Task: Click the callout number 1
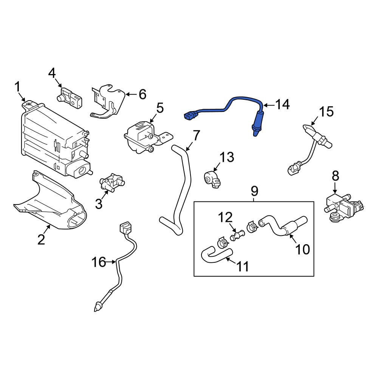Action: (x=17, y=87)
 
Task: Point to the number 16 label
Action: (x=99, y=262)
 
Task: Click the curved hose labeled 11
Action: (x=214, y=253)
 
